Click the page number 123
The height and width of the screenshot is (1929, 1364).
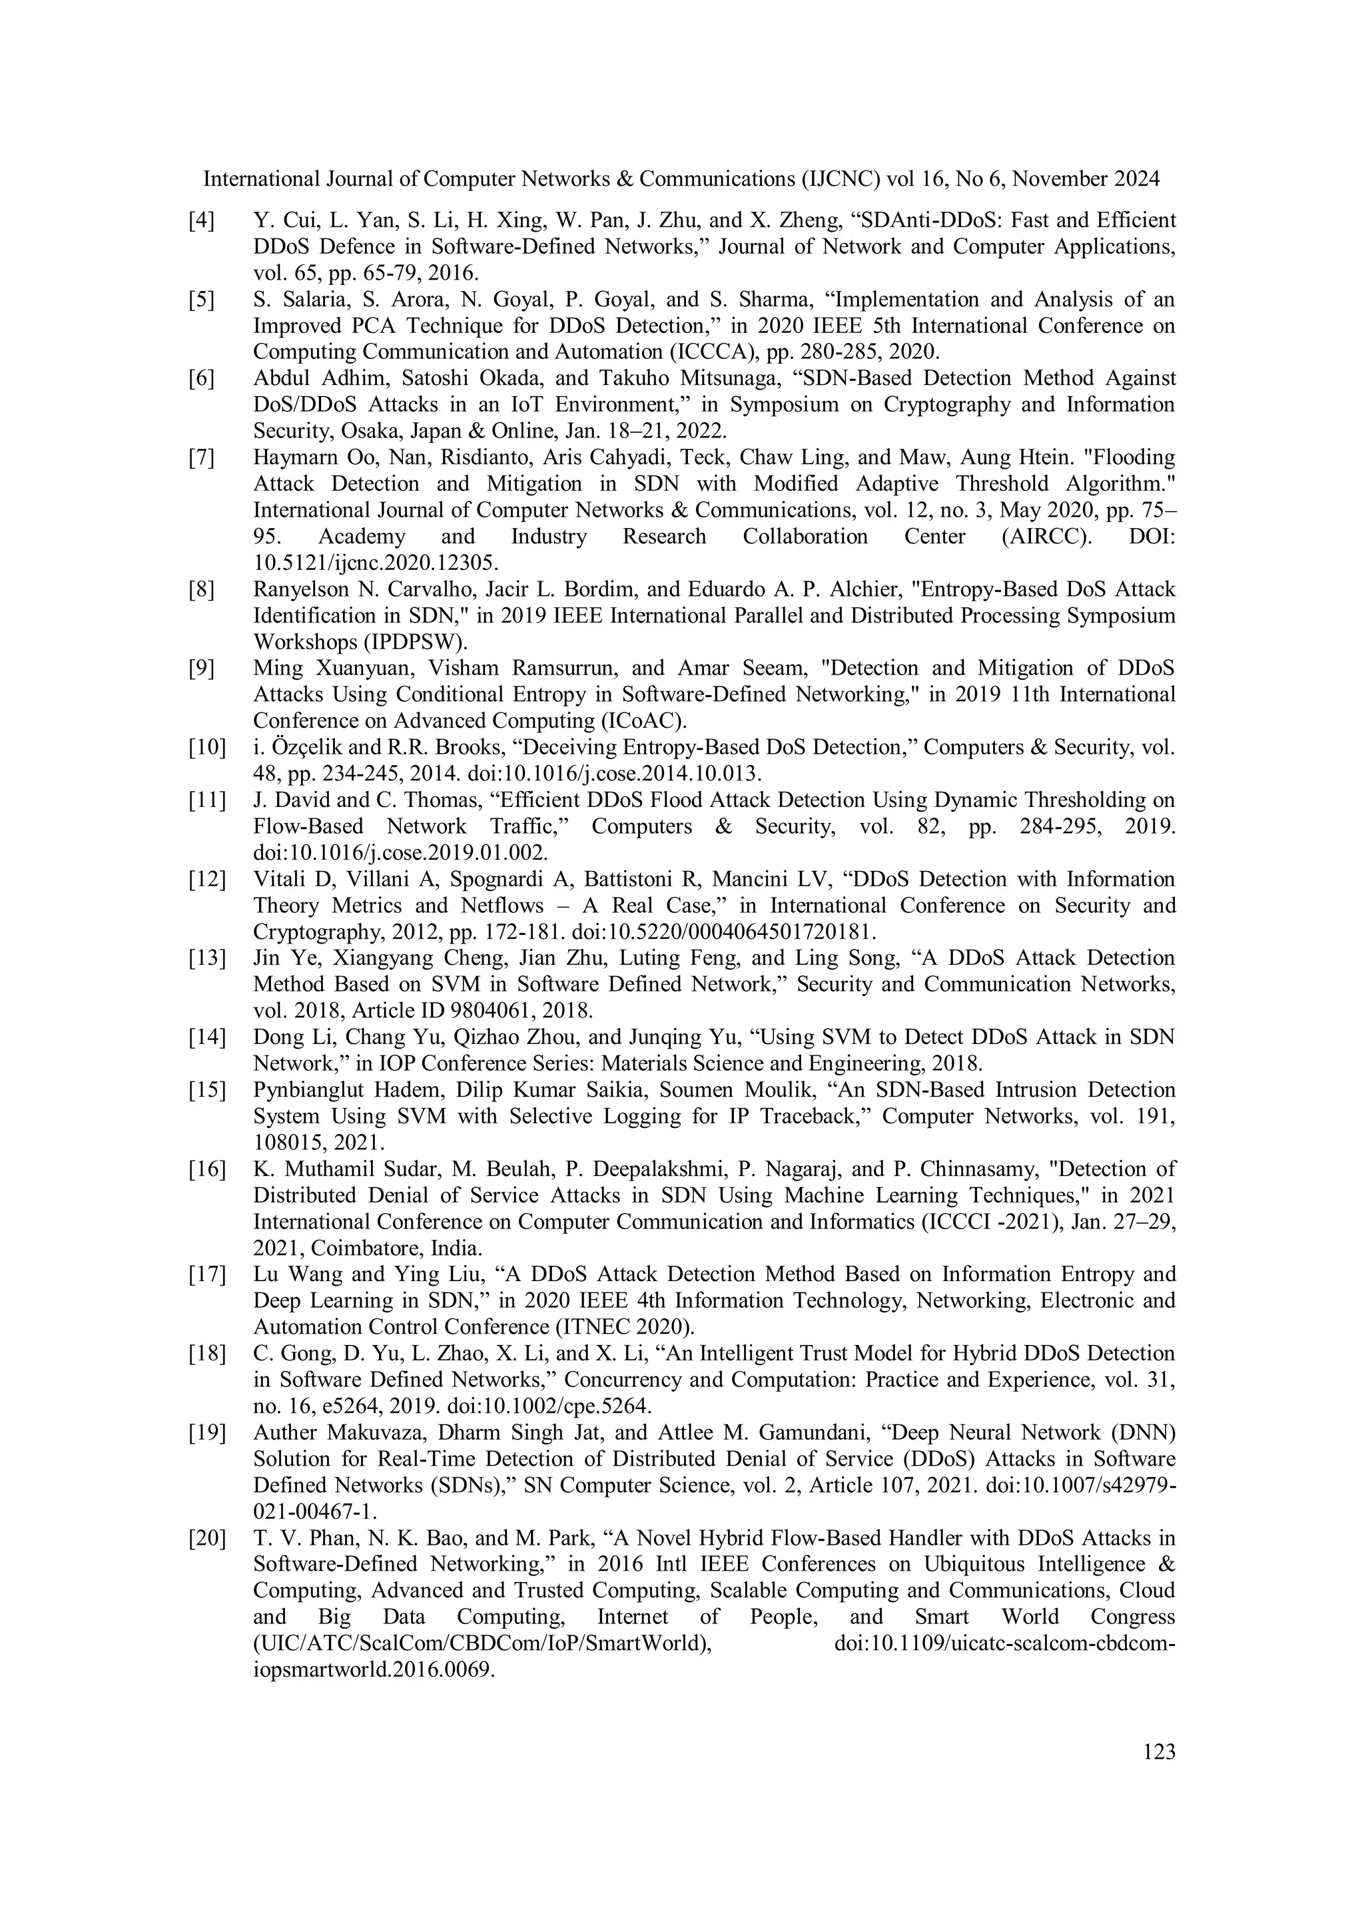1159,1753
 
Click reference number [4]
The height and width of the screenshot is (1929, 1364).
201,221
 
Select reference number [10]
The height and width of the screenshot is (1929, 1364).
206,747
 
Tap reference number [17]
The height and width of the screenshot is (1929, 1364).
206,1274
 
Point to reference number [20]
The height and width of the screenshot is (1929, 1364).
206,1538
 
